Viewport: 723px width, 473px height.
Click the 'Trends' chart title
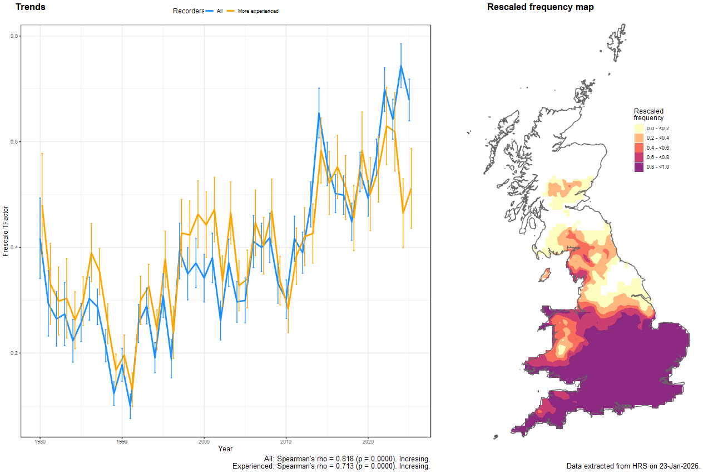pyautogui.click(x=31, y=7)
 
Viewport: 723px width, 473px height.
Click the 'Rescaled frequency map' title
pyautogui.click(x=540, y=7)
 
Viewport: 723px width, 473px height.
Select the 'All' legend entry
pyautogui.click(x=219, y=11)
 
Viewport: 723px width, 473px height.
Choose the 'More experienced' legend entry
pyautogui.click(x=257, y=11)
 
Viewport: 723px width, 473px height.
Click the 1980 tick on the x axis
pyautogui.click(x=39, y=442)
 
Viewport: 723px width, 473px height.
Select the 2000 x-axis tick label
pyautogui.click(x=204, y=442)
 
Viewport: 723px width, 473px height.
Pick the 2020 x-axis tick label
pyautogui.click(x=368, y=442)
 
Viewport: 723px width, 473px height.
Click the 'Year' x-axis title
pyautogui.click(x=225, y=449)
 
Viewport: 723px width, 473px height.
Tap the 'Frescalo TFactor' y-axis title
pyautogui.click(x=6, y=230)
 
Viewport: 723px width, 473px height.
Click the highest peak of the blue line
pyautogui.click(x=401, y=65)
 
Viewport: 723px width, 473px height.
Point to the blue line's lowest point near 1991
pyautogui.click(x=130, y=407)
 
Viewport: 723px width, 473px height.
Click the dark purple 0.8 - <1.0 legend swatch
pyautogui.click(x=639, y=167)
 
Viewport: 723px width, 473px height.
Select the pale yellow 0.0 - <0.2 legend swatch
pyautogui.click(x=639, y=128)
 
